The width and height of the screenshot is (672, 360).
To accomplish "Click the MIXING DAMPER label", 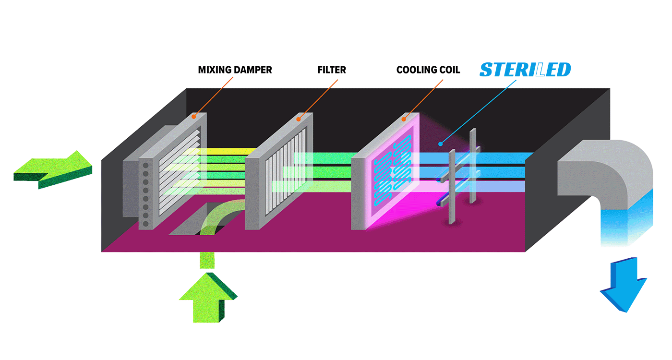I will click(x=235, y=70).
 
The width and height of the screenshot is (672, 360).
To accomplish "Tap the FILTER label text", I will click(x=332, y=70).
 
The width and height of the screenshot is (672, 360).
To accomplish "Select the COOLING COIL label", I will click(x=428, y=70).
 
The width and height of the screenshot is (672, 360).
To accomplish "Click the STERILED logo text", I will click(x=525, y=70).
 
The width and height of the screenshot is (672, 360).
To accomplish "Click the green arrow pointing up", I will click(x=208, y=298).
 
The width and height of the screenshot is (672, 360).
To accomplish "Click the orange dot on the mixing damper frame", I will click(x=194, y=116).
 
